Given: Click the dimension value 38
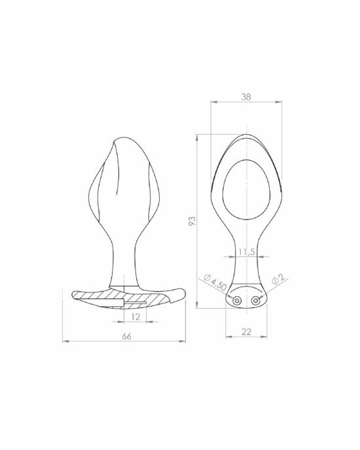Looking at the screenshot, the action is coord(246,97).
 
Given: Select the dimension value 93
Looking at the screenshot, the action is coord(192,220).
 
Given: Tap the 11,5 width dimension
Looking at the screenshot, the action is coord(247,252).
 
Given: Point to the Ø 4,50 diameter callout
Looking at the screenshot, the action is coord(215,282).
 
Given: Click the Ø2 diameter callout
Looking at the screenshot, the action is coord(278,279).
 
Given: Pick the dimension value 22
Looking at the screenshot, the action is coord(246,332).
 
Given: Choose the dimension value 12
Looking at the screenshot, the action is coord(135,317).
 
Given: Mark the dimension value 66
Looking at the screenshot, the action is coord(126,336).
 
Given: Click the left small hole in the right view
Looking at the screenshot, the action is coord(237,300).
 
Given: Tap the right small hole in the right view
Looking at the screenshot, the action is coord(255,300).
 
